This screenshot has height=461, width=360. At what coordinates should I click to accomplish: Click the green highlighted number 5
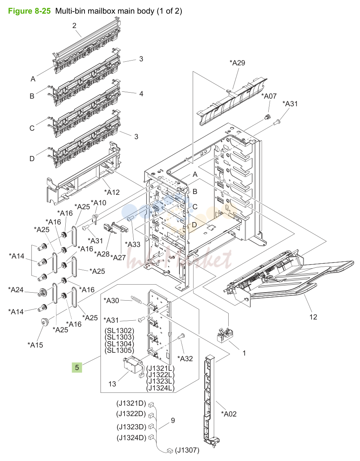tap(77, 368)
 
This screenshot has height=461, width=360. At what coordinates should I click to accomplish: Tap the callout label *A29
tap(237, 63)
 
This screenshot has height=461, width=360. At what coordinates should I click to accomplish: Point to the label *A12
tap(112, 192)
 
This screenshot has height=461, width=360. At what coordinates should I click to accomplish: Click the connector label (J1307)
tap(187, 450)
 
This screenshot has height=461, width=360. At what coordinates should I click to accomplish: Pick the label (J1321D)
tap(131, 403)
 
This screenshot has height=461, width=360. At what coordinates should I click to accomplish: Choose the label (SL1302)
tap(119, 331)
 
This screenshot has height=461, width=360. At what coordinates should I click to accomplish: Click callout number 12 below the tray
tap(313, 317)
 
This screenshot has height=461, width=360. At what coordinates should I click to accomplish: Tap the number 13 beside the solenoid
tap(112, 384)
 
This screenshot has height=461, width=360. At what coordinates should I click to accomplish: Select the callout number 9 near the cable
tap(173, 421)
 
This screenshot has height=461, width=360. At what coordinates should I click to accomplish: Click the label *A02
tap(228, 414)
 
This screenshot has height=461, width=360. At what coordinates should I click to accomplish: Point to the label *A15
tap(35, 345)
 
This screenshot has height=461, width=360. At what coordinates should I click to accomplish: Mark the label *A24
tap(16, 289)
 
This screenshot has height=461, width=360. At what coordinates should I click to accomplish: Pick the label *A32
tap(185, 358)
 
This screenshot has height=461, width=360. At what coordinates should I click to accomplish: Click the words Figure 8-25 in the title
tap(29, 11)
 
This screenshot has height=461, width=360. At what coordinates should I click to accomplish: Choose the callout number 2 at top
tap(74, 26)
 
